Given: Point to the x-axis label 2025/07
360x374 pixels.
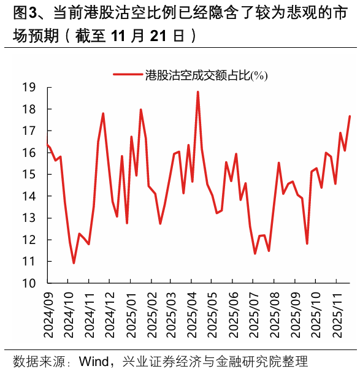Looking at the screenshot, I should [253, 316].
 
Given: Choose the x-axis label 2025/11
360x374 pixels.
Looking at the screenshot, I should [336, 316].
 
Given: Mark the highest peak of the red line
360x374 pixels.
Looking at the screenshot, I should [197, 92].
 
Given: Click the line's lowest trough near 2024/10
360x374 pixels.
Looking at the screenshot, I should [74, 263].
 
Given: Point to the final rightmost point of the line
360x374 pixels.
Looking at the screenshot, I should [350, 116].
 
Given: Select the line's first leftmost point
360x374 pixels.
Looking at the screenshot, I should [47, 144].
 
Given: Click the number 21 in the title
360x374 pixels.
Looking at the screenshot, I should [158, 36].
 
